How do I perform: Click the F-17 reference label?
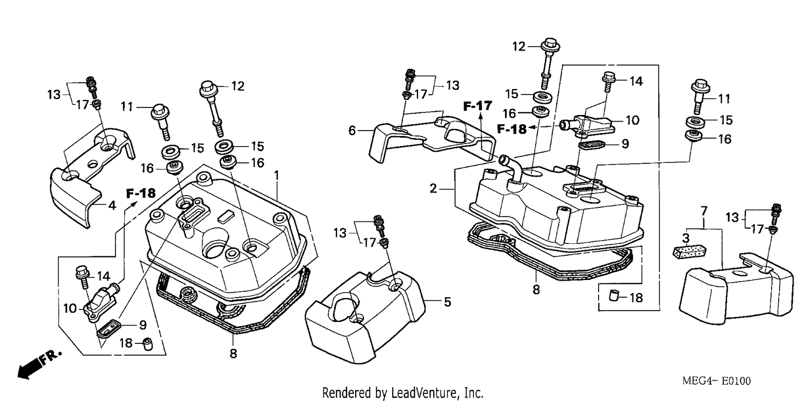(x=477, y=106)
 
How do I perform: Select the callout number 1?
(x=276, y=175)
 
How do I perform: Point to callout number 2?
(x=433, y=188)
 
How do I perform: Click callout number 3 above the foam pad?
(x=686, y=238)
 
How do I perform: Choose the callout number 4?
(x=112, y=205)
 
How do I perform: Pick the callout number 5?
(x=447, y=302)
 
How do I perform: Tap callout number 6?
(x=352, y=130)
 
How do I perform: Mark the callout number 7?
(x=704, y=211)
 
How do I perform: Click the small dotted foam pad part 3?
(x=689, y=251)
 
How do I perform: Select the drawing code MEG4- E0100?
(x=716, y=381)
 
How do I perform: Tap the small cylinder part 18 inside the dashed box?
(x=614, y=296)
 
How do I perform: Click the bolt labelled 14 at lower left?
(x=82, y=277)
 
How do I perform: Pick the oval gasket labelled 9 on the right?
(x=591, y=146)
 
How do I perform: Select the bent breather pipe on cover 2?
(x=512, y=168)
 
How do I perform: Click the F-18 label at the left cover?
(x=141, y=193)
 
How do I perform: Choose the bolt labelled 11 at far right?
(x=700, y=95)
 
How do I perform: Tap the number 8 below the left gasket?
(x=233, y=354)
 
